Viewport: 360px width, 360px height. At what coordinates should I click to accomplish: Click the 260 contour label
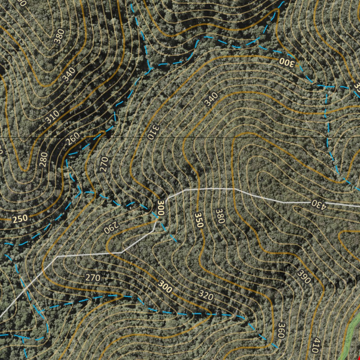[73, 139]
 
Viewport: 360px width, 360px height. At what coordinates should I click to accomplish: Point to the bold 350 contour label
[199, 220]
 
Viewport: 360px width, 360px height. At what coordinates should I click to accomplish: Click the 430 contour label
[319, 204]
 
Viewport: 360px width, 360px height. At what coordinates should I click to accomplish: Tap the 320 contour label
[206, 296]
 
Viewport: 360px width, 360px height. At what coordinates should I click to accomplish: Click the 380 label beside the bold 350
[220, 216]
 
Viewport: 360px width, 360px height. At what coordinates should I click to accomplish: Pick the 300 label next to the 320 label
[165, 287]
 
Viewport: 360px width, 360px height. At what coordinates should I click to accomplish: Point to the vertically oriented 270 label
[104, 164]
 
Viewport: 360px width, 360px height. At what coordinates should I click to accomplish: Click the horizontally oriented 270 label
[93, 278]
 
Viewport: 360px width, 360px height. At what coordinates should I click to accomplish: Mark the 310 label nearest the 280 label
[52, 117]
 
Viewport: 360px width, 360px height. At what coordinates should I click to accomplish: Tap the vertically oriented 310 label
[154, 131]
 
